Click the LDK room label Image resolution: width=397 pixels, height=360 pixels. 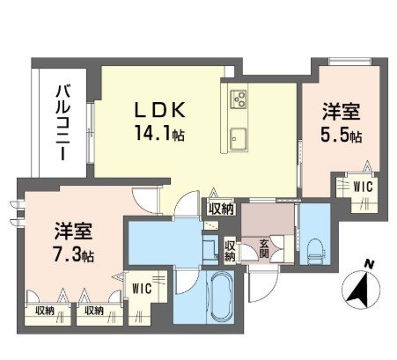click(x=159, y=112)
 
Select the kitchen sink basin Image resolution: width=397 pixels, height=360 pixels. click(x=239, y=138)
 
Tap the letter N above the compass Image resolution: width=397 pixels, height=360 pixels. click(x=371, y=263)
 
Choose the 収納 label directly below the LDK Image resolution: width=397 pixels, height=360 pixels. click(x=222, y=208)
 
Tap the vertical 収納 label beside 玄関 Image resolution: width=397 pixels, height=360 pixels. click(x=229, y=251)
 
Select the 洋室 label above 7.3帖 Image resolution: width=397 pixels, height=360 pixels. click(x=72, y=231)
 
